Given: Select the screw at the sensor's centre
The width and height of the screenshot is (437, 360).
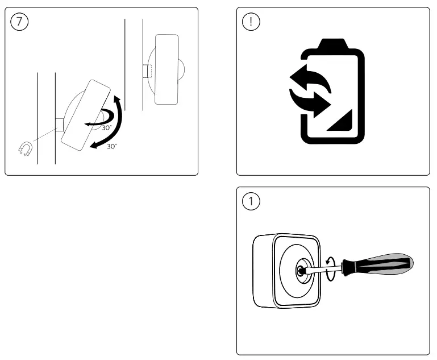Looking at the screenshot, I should point(298,270).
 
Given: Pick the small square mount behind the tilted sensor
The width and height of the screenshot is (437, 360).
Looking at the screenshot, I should point(59,124).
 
